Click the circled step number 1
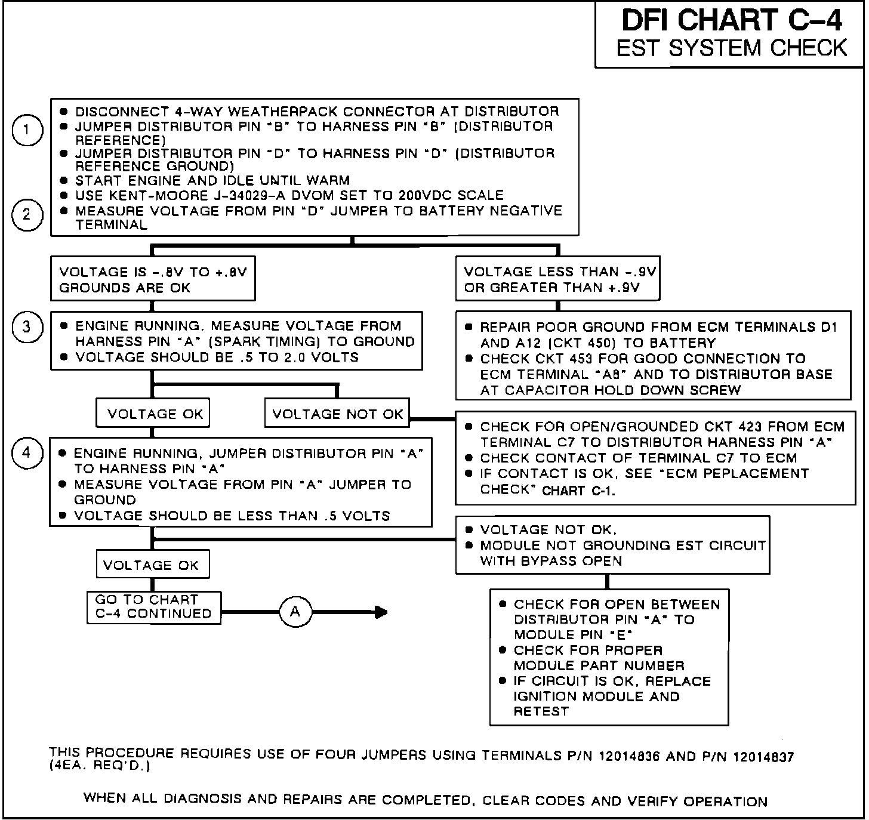click(x=27, y=131)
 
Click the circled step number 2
click(x=27, y=215)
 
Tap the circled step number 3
click(x=27, y=328)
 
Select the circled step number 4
click(x=27, y=453)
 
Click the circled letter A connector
click(x=295, y=612)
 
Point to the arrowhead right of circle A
click(x=381, y=612)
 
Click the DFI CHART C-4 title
click(x=731, y=20)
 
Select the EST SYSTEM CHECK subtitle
click(x=731, y=48)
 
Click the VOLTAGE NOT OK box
click(x=337, y=414)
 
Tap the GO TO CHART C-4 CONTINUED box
click(x=154, y=607)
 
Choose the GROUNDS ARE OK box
click(x=153, y=279)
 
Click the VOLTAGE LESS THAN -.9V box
click(x=558, y=279)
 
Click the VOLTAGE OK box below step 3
click(x=155, y=414)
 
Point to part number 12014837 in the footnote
click(x=762, y=757)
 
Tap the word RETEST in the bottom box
click(x=541, y=711)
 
